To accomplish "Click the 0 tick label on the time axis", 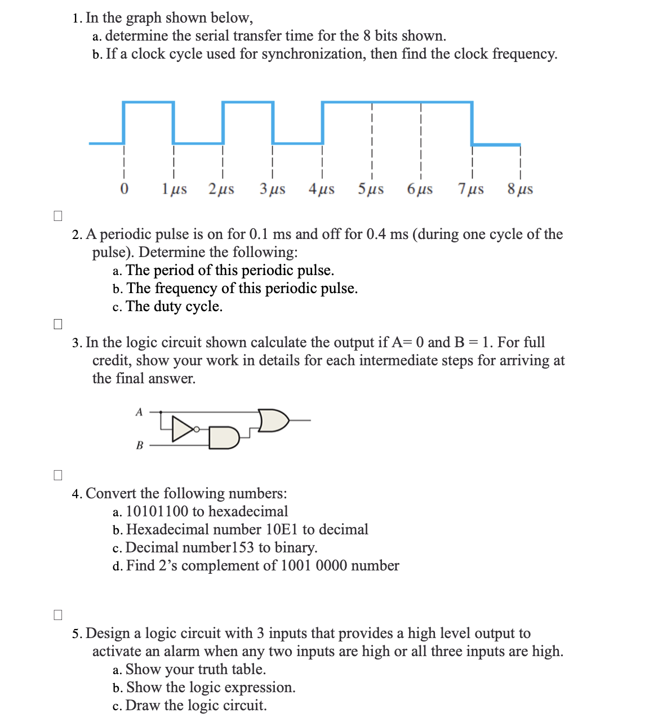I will coord(124,188).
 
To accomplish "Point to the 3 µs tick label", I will coord(272,189).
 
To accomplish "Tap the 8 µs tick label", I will coord(519,189).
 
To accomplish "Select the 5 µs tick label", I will coord(371,189).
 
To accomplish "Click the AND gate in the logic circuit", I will coord(224,437).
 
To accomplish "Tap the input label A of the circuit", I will coord(139,412).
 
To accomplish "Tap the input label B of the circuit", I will coord(140,445).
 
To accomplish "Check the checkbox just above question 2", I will coord(57,215).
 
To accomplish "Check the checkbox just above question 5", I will coord(57,614).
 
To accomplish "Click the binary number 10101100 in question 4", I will coord(157,511).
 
